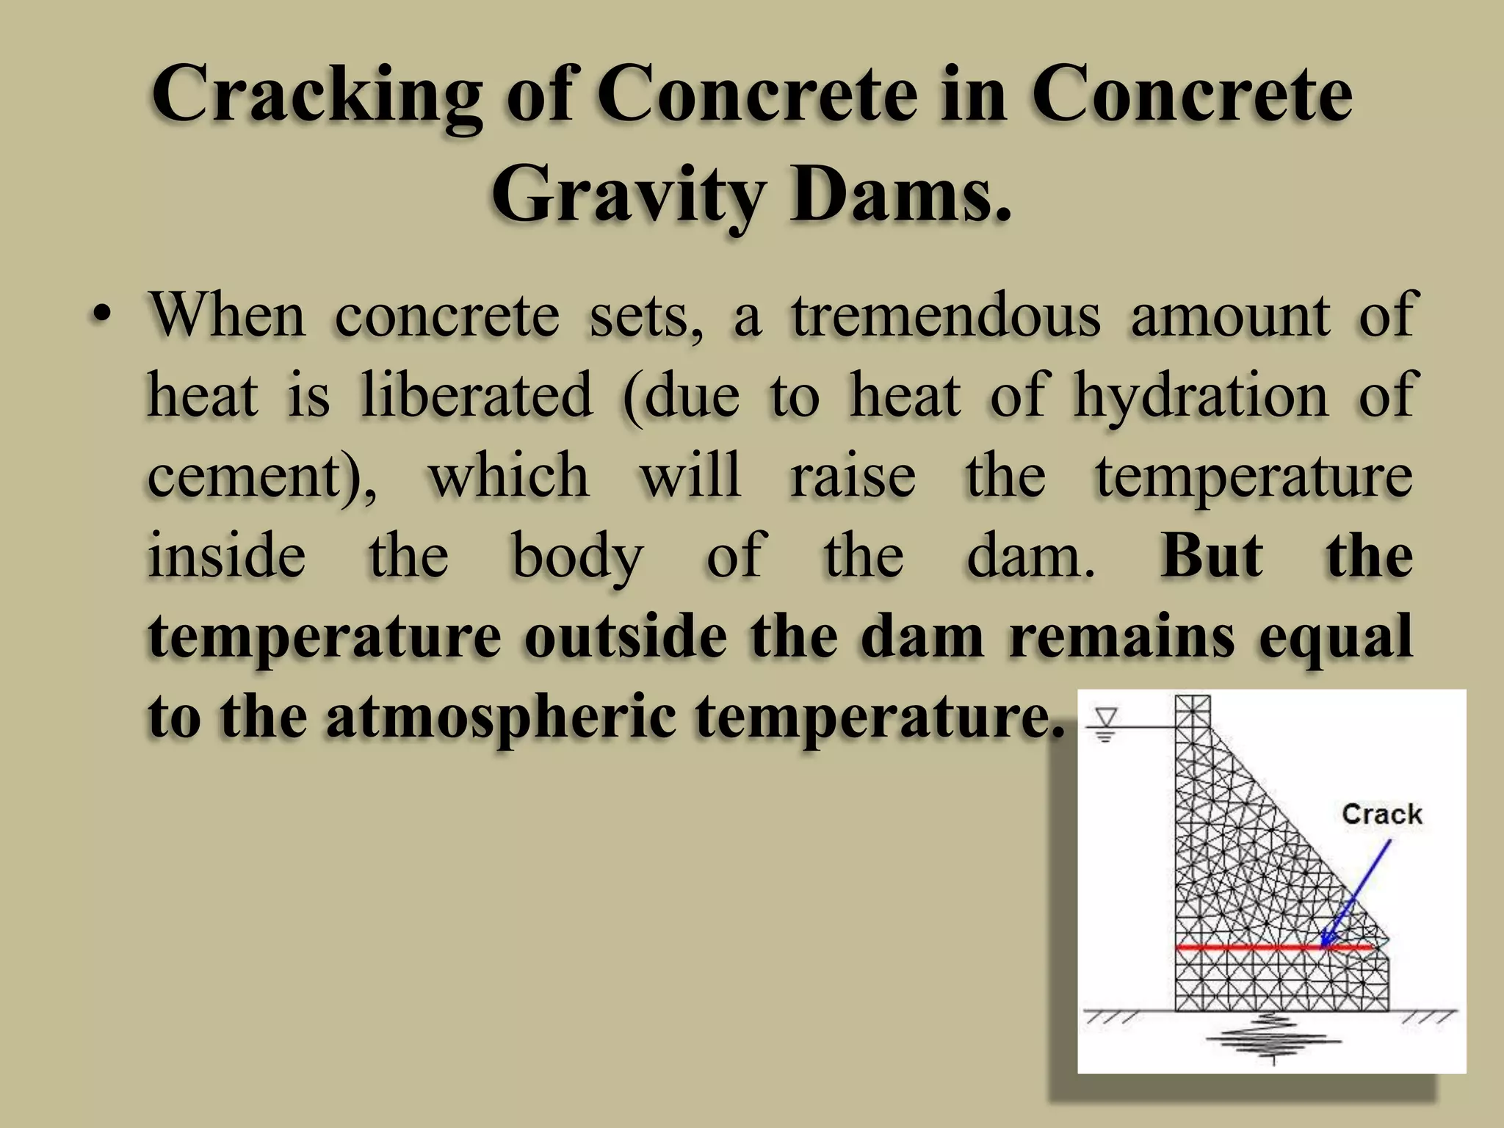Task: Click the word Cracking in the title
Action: (x=317, y=95)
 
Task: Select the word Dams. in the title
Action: (x=900, y=195)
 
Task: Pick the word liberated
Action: (x=477, y=397)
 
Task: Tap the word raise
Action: (x=853, y=477)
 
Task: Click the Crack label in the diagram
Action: (x=1381, y=814)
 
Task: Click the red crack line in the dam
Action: (x=1248, y=948)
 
